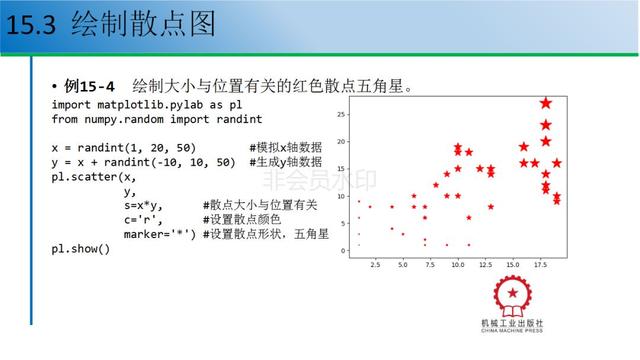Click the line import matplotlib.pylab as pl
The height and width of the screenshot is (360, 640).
(x=148, y=104)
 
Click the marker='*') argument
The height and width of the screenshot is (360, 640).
(x=159, y=234)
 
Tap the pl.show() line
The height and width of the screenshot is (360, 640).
(x=81, y=248)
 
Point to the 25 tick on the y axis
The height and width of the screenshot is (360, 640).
(x=341, y=114)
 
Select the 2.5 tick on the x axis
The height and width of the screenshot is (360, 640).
(x=374, y=265)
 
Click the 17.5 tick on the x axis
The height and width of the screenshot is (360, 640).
(x=541, y=265)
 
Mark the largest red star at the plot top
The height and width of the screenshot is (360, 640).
(x=546, y=103)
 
